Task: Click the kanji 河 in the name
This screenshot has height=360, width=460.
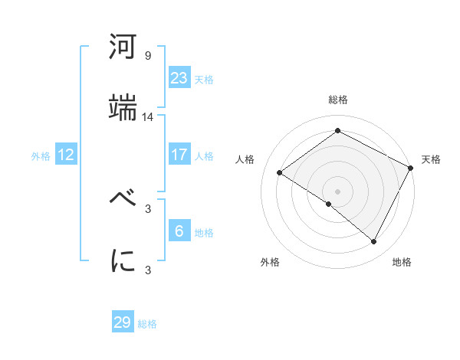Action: pos(123,48)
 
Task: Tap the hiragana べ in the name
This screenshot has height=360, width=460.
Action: pos(123,200)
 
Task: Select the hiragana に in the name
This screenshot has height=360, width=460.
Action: pos(123,261)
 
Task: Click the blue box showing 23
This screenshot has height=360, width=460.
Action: pos(179,78)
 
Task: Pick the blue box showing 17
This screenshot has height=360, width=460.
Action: pos(179,155)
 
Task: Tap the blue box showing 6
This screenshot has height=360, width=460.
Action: pos(179,231)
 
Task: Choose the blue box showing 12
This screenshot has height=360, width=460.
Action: pos(66,155)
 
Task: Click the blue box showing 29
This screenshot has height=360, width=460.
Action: pos(123,322)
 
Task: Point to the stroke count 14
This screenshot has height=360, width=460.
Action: pos(148,117)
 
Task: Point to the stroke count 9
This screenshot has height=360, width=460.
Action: pos(148,56)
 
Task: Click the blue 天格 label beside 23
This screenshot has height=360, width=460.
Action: pos(204,79)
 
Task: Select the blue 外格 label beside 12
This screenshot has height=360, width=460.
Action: pos(41,155)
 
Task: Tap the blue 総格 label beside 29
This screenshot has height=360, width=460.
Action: pos(148,324)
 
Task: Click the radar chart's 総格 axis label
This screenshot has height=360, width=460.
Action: pos(338,100)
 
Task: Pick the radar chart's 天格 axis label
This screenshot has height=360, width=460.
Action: pos(431,159)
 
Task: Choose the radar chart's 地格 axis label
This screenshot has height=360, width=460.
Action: pos(402,262)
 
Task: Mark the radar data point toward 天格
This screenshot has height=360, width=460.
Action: pos(410,168)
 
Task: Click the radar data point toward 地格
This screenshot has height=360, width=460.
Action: pos(374,242)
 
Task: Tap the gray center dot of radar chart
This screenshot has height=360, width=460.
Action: pos(337,191)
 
